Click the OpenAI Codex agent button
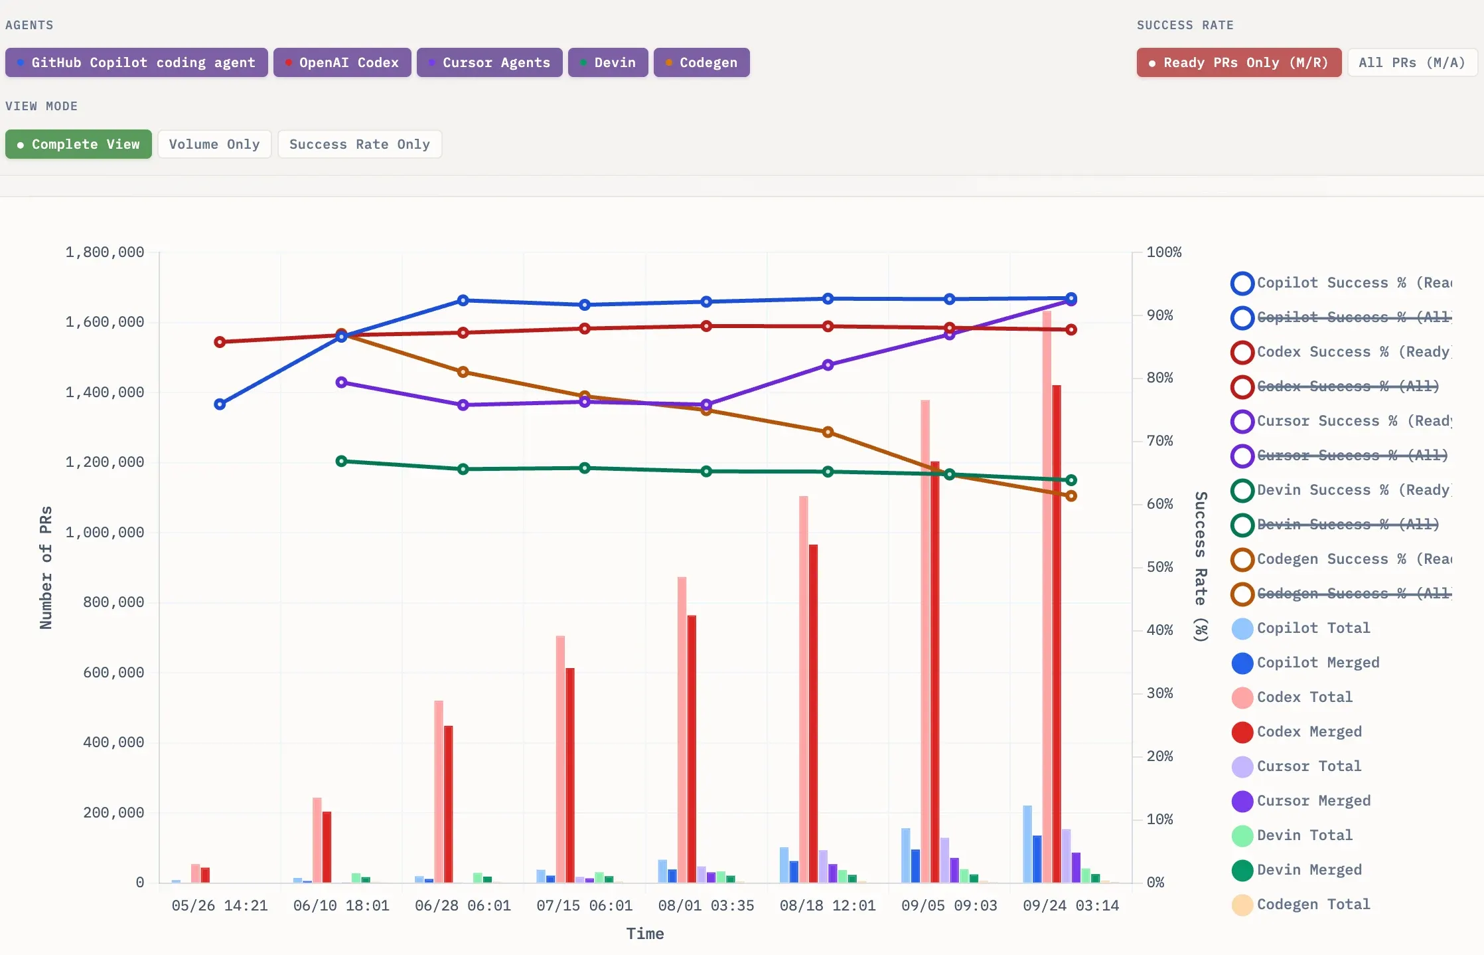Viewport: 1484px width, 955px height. [342, 62]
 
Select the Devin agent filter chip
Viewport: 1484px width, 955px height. [608, 62]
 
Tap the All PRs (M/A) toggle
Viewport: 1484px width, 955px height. [1412, 62]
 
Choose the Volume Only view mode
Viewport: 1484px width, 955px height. [214, 144]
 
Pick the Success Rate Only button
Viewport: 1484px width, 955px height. [359, 144]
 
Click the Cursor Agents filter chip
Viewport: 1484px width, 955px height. [489, 62]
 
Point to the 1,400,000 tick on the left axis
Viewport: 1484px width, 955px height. [105, 392]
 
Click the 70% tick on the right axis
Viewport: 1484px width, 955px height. [1159, 441]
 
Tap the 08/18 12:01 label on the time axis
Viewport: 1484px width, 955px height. [828, 906]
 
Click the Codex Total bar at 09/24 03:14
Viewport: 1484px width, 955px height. [1047, 598]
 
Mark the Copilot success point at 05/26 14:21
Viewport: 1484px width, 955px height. [220, 404]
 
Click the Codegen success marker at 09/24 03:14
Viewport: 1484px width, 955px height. [1071, 496]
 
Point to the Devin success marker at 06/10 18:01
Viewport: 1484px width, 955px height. [342, 461]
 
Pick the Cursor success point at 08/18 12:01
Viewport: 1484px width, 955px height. [828, 365]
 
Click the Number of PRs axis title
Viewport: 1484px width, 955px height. [46, 568]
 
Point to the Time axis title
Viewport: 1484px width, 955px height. [645, 934]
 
